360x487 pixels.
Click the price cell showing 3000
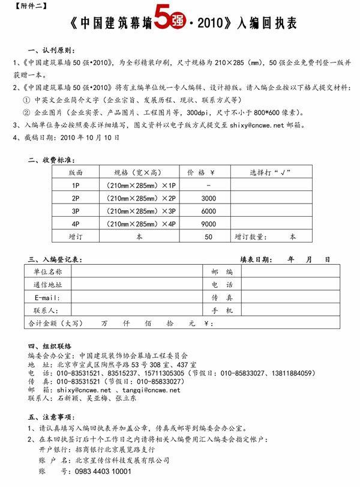(208, 198)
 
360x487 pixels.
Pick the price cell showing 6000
(208, 211)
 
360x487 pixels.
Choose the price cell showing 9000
(208, 224)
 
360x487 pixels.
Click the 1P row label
(76, 186)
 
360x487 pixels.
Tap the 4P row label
(76, 224)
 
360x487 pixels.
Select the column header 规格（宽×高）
(141, 172)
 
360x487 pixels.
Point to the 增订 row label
(76, 237)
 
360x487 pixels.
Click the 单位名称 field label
(47, 272)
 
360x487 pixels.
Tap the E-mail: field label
(47, 298)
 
